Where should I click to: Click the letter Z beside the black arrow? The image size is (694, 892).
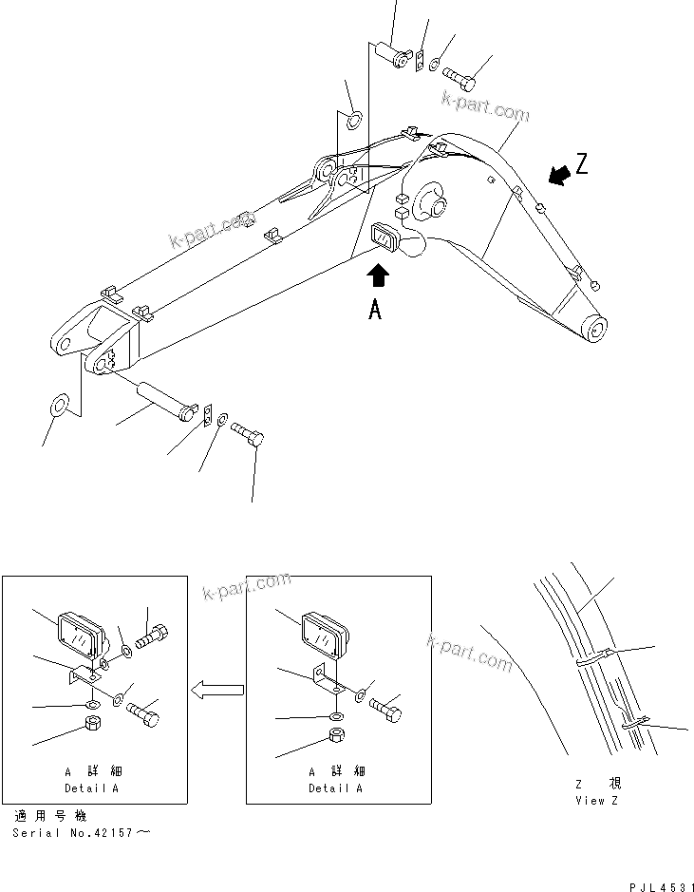[581, 164]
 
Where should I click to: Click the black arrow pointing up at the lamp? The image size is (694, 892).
[378, 275]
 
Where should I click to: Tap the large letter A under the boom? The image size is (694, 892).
[376, 309]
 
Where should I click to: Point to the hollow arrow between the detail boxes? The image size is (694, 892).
[216, 692]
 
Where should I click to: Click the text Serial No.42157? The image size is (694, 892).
[80, 833]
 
